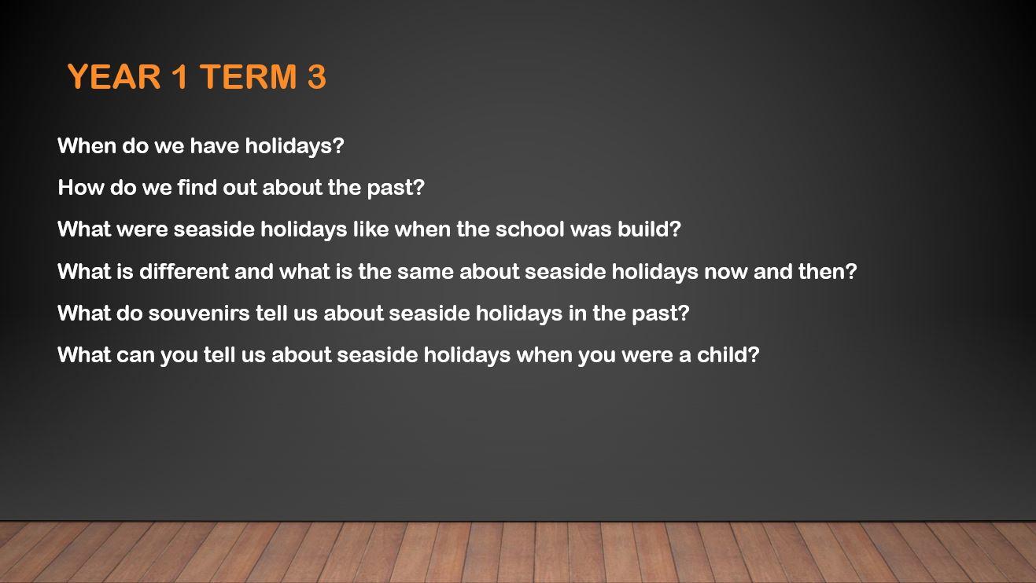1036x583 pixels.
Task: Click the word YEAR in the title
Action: pyautogui.click(x=114, y=76)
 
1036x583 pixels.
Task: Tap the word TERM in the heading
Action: pyautogui.click(x=249, y=76)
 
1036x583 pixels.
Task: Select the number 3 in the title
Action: pyautogui.click(x=317, y=76)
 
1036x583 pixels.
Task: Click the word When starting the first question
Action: pyautogui.click(x=87, y=145)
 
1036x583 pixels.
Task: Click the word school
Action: pyautogui.click(x=530, y=229)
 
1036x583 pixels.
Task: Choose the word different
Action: pyautogui.click(x=184, y=271)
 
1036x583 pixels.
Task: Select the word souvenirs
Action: pyautogui.click(x=199, y=313)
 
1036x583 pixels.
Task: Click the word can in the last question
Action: pyautogui.click(x=135, y=355)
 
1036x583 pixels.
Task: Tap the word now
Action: pyautogui.click(x=725, y=272)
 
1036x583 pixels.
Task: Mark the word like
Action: pyautogui.click(x=371, y=229)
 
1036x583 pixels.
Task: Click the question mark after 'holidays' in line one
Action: pyautogui.click(x=338, y=145)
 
